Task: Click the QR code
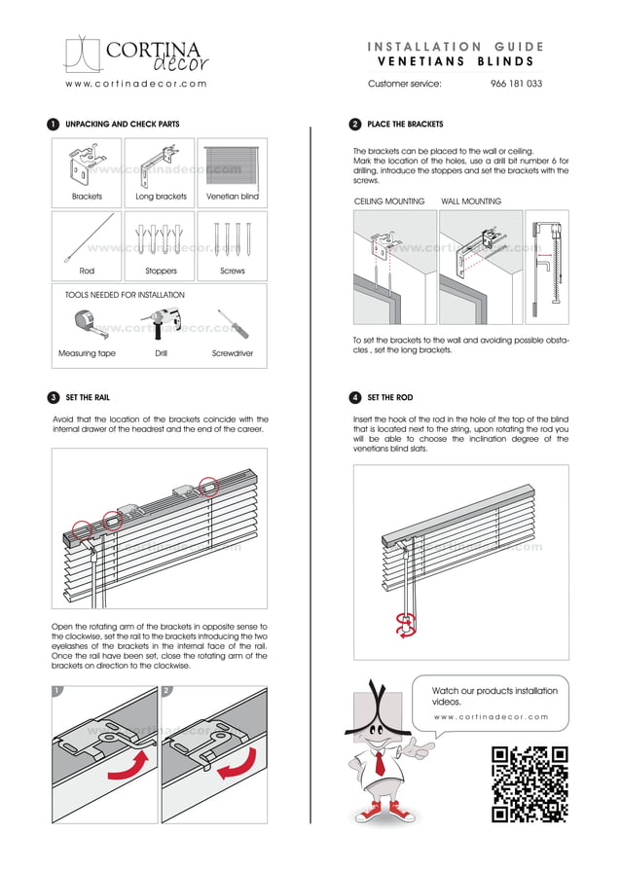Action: point(530,784)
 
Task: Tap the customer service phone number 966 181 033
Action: point(516,85)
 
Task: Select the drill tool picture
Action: point(158,322)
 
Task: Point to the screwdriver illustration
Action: point(232,323)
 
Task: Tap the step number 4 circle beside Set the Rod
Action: point(355,398)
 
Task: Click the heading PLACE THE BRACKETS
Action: point(405,125)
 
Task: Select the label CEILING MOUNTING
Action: point(389,201)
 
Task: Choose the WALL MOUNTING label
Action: point(471,201)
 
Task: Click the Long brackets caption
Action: point(161,197)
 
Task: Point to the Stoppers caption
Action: point(161,271)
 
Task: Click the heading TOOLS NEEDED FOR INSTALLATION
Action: point(125,295)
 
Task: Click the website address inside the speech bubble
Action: point(491,717)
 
